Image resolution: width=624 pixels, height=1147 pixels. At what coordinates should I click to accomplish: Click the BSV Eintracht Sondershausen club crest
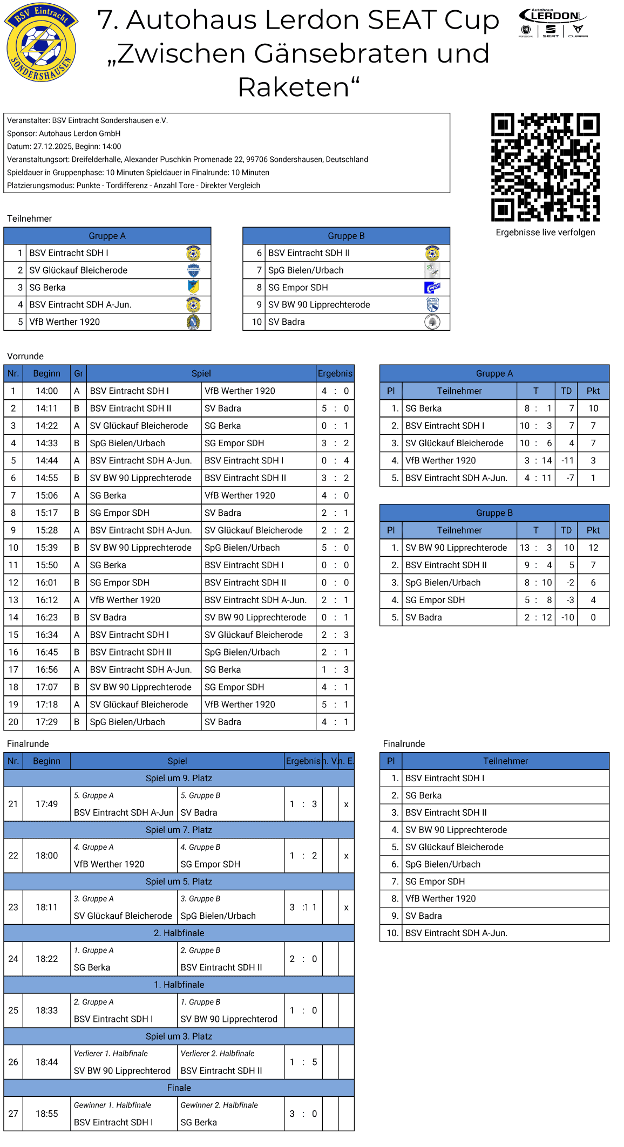(41, 43)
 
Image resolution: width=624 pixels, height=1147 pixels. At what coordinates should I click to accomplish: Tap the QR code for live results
(545, 167)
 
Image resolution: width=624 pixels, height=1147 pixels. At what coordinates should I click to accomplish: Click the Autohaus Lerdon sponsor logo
(553, 23)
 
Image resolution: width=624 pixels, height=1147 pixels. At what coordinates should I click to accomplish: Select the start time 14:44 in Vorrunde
(46, 461)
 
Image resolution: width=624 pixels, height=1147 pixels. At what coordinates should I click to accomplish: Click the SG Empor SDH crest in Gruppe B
(432, 288)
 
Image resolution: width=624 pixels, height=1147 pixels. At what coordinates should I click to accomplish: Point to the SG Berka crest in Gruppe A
(193, 288)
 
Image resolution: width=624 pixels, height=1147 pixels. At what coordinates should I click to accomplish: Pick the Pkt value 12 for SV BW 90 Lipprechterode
(593, 548)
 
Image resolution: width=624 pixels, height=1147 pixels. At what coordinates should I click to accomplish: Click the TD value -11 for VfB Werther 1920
(567, 461)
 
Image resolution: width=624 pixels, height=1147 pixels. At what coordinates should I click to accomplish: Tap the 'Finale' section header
(179, 1088)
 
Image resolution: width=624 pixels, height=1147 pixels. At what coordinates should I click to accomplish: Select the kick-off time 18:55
(46, 1114)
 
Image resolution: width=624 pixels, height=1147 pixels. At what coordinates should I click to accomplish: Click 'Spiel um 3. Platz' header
(179, 1036)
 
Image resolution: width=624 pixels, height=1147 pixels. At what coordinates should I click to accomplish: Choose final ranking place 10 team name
(456, 933)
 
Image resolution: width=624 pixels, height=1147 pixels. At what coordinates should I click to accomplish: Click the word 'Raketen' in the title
(298, 87)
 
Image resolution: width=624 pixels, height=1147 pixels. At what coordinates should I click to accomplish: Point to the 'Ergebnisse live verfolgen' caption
(545, 233)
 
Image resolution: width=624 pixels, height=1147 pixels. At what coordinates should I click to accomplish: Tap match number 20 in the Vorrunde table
(13, 722)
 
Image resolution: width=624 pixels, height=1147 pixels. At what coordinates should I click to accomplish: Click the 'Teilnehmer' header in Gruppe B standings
(459, 530)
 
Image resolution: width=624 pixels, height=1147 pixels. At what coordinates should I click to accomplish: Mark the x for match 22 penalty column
(346, 856)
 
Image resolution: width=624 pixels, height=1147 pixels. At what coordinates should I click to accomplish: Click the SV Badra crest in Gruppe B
(432, 322)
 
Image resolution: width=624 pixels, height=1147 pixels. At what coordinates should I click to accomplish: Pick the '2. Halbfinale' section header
(179, 933)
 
